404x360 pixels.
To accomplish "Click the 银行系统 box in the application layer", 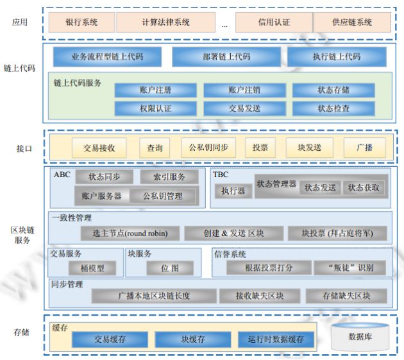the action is click(x=81, y=22).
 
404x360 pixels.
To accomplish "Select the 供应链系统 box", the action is click(x=351, y=22).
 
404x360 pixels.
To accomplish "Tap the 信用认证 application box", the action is click(x=273, y=22).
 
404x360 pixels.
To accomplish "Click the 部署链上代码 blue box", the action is click(x=226, y=57).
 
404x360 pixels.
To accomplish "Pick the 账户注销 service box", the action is click(x=244, y=90).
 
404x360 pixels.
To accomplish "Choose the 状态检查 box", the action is click(x=333, y=108).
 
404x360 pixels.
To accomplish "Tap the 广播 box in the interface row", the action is click(x=364, y=148).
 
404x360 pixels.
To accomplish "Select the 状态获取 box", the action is click(x=364, y=188).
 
